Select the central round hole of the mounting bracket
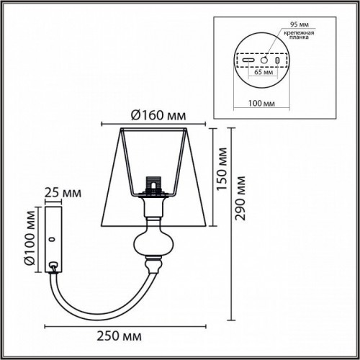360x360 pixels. [264, 60]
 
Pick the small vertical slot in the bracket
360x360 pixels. [277, 60]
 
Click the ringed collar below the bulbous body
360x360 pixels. [152, 266]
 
